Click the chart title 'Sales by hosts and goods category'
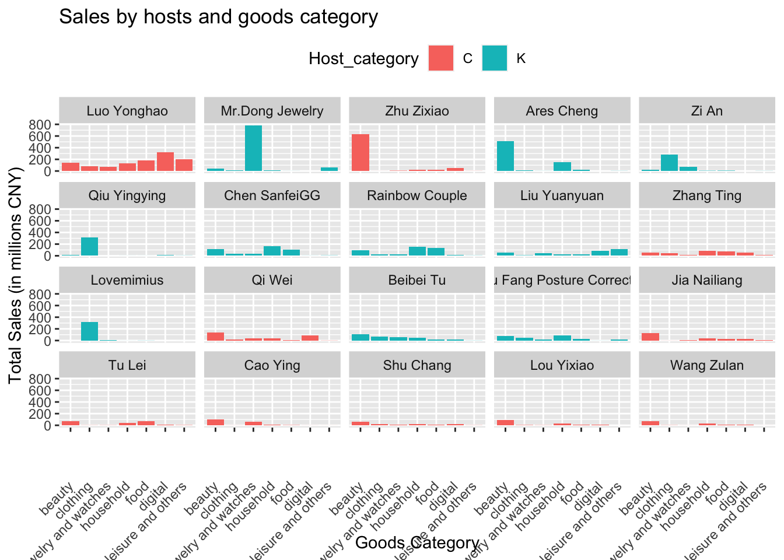point(219,17)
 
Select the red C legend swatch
point(440,58)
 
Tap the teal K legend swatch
point(494,58)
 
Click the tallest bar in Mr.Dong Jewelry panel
point(253,148)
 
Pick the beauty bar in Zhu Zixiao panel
point(360,153)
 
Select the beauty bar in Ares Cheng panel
point(505,156)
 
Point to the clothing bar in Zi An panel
point(669,163)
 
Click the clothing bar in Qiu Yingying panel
point(89,247)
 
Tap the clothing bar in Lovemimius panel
point(89,331)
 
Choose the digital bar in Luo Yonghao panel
point(165,162)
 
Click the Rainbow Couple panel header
point(417,195)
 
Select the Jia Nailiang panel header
point(707,280)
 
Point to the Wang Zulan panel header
point(707,365)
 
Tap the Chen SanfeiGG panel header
point(272,195)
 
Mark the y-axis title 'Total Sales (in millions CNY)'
point(15,275)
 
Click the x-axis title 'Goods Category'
point(417,543)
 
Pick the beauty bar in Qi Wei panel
point(215,337)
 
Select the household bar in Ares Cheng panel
point(562,167)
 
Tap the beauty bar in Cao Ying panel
point(215,422)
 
